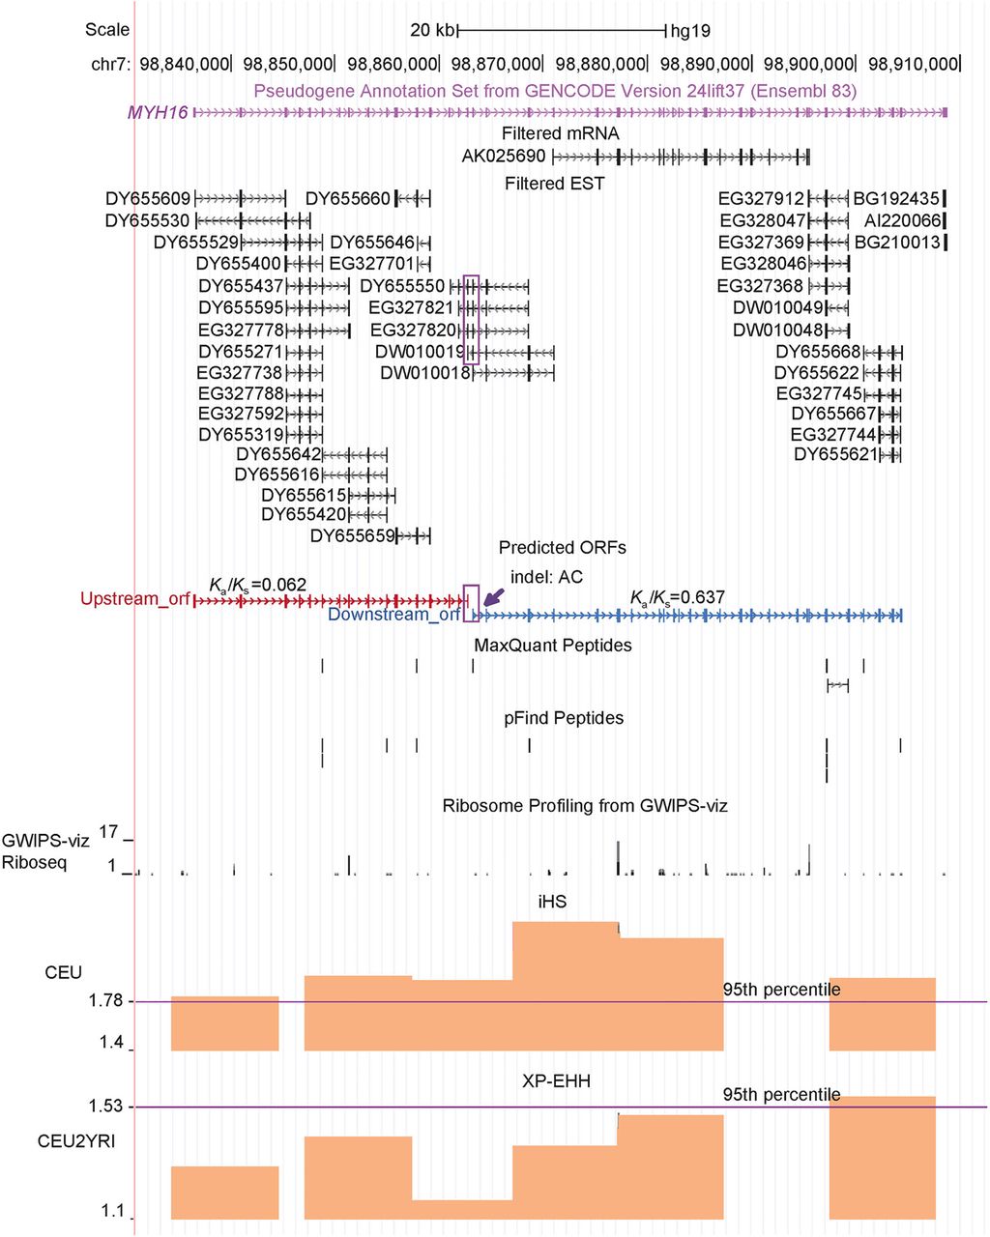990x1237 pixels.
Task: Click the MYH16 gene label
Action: click(159, 112)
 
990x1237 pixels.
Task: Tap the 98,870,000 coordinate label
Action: click(496, 64)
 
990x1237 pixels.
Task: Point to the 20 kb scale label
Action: click(431, 30)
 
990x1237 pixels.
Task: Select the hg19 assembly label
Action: click(690, 31)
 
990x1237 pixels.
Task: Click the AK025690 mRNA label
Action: click(503, 156)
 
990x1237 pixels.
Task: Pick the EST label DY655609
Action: click(148, 199)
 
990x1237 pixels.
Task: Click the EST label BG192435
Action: click(896, 199)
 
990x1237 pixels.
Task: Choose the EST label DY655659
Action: click(353, 535)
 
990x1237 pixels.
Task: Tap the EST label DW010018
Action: click(424, 373)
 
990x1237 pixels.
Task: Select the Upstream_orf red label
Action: click(134, 599)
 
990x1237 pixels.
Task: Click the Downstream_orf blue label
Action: click(393, 615)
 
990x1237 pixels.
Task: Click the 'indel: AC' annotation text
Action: click(546, 577)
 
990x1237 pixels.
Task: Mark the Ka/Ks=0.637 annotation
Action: click(677, 597)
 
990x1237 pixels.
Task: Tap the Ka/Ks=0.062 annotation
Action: click(258, 585)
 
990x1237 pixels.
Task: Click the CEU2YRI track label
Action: click(76, 1141)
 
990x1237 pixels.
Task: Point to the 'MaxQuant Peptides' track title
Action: click(553, 645)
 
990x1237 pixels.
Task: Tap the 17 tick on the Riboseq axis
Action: click(108, 832)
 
